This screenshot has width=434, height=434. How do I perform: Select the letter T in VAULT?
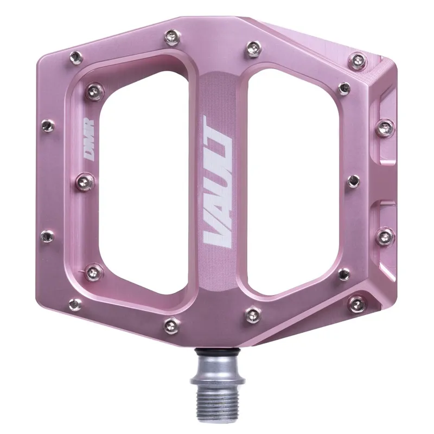[217, 130]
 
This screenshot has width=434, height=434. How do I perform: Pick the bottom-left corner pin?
[76, 304]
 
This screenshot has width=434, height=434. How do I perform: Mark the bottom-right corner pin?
[358, 305]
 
